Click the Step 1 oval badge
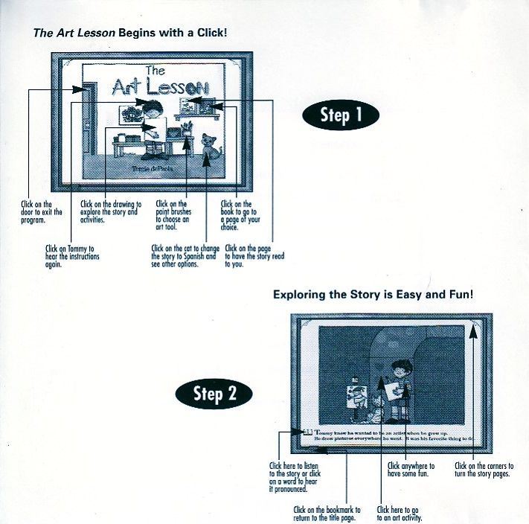(341, 115)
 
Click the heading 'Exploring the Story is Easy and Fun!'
(373, 295)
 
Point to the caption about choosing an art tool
(173, 215)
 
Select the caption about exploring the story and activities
(110, 211)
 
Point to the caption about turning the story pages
(482, 470)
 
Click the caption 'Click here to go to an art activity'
(400, 514)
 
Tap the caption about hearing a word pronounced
(289, 477)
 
